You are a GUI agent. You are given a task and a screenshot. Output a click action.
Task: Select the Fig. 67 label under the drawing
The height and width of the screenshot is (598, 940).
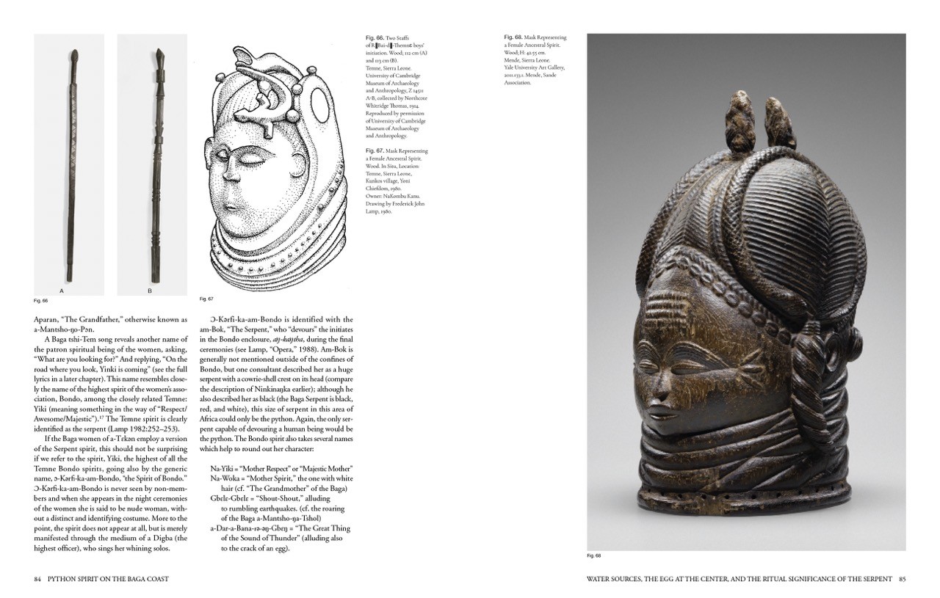point(206,299)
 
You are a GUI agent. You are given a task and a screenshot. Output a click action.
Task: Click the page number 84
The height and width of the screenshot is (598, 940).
point(37,579)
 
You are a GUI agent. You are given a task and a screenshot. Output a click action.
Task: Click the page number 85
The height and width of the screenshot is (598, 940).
point(902,579)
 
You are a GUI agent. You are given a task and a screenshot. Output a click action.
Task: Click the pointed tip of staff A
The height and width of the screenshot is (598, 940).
point(75,54)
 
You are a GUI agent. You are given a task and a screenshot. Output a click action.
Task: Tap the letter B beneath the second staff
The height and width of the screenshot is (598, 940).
point(150,291)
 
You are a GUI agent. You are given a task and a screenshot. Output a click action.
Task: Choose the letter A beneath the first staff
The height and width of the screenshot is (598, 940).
point(62,291)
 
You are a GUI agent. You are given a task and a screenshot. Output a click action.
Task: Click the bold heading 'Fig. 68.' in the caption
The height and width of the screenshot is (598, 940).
point(513,37)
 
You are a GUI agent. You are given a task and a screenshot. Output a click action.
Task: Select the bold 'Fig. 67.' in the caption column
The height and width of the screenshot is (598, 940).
point(374,151)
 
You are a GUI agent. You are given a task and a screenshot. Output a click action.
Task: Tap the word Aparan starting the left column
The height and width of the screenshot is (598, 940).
point(48,319)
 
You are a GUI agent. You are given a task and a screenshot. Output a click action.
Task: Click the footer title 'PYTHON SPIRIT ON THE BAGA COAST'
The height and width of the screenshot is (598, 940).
point(107,579)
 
